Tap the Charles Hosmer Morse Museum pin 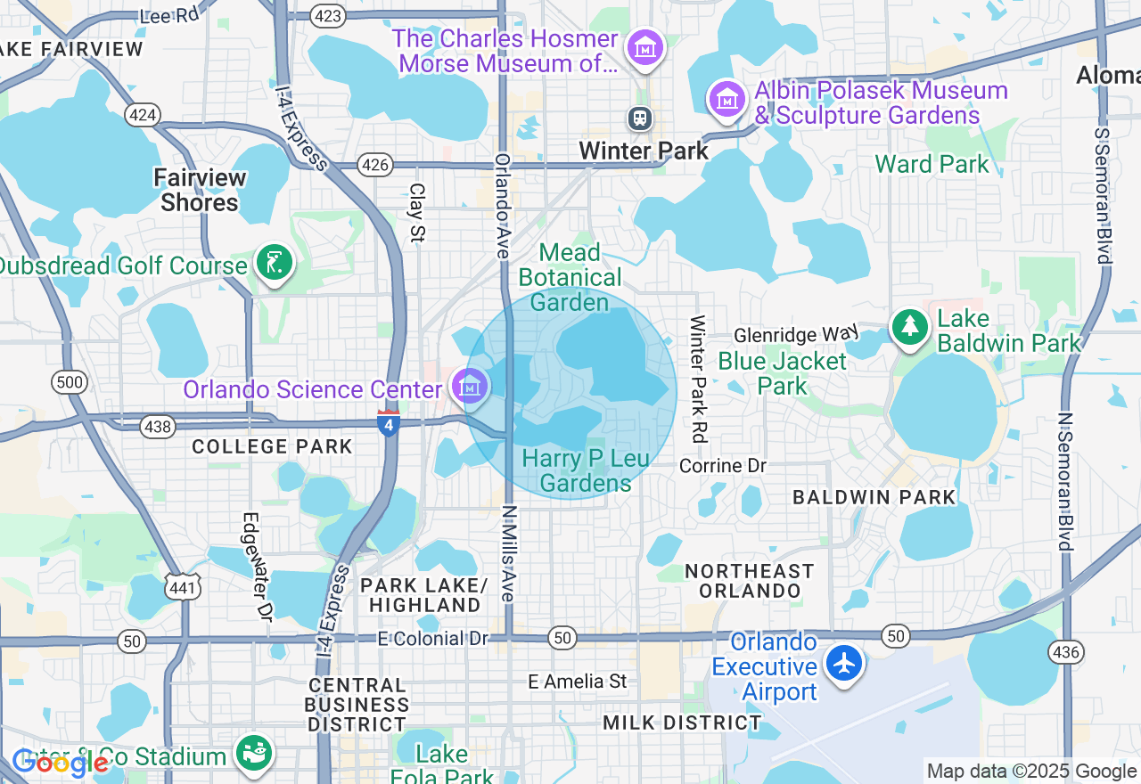[x=644, y=48]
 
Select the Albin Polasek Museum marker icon [x=727, y=100]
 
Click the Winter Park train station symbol [x=639, y=118]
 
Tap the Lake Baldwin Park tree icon [x=909, y=327]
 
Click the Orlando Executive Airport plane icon [x=843, y=664]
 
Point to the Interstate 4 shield [x=388, y=423]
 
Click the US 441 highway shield [x=181, y=585]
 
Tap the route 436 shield [x=1066, y=652]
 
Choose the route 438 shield [x=158, y=428]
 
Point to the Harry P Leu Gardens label [x=577, y=470]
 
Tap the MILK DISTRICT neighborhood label [x=682, y=723]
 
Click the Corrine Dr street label [x=723, y=466]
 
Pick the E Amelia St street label [x=578, y=682]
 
